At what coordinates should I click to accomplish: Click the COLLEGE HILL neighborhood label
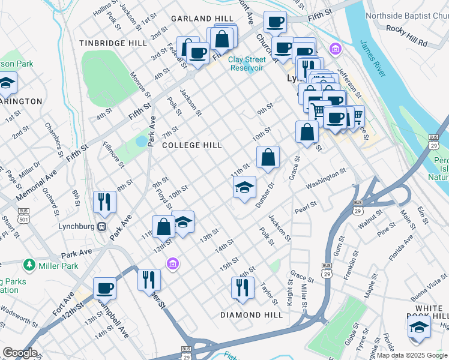[191, 145]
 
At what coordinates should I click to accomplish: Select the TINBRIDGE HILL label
[113, 43]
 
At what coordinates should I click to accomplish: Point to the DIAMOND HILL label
[252, 315]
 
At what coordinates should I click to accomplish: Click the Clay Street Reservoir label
[247, 64]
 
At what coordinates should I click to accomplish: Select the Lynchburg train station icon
[102, 227]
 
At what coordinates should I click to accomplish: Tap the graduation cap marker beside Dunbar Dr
[244, 188]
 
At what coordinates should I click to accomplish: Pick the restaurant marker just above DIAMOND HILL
[243, 287]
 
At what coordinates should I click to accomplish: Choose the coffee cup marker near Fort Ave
[105, 288]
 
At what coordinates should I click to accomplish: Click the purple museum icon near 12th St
[173, 263]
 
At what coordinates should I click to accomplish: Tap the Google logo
[19, 353]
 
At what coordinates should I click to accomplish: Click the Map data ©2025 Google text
[412, 355]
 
